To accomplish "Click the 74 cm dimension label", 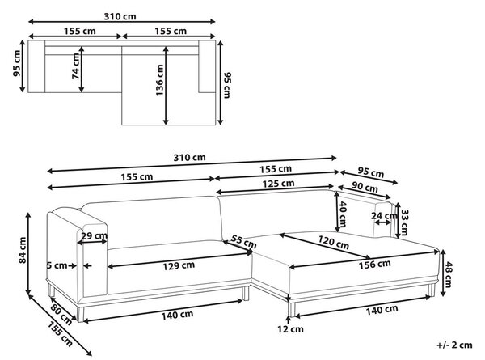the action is (76, 66).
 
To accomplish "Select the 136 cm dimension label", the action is (159, 80).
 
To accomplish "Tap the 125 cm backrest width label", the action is (278, 184).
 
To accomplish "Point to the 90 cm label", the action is (365, 187).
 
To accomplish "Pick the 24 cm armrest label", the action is (384, 215).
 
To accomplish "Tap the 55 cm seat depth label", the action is (244, 241).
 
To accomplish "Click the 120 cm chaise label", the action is (334, 243).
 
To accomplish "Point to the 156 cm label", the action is (374, 265).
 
